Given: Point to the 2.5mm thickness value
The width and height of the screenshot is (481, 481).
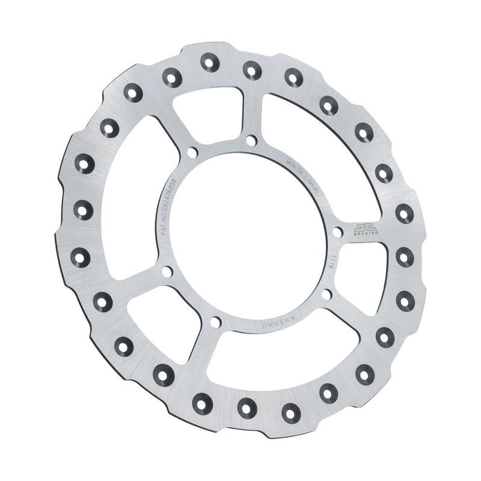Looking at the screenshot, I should tap(307, 180).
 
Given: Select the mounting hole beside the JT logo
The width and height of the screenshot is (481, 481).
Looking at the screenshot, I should tap(338, 231).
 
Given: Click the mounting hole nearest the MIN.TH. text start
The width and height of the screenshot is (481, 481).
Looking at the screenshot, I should tap(250, 139).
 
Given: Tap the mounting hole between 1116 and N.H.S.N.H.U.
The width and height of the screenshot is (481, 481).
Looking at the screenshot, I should tap(326, 294).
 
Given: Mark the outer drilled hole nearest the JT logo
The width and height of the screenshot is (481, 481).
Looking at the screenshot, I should tap(402, 212).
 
